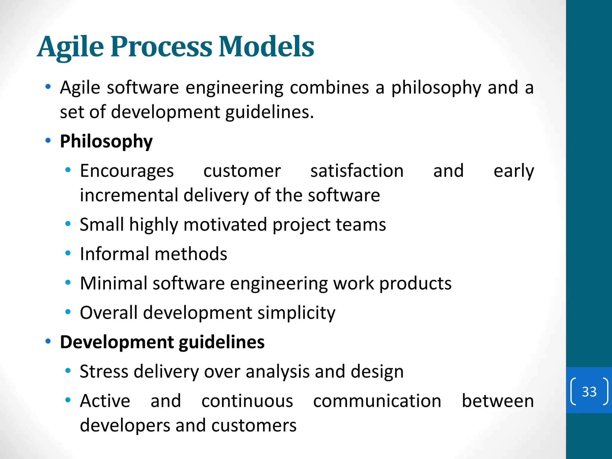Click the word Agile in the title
71,47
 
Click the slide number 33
589,391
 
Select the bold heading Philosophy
106,141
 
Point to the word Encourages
127,171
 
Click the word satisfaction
357,171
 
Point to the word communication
377,401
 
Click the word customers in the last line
254,425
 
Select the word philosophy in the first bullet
436,88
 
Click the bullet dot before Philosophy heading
48,140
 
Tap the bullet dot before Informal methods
68,253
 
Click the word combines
329,88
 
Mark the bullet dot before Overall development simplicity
68,312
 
